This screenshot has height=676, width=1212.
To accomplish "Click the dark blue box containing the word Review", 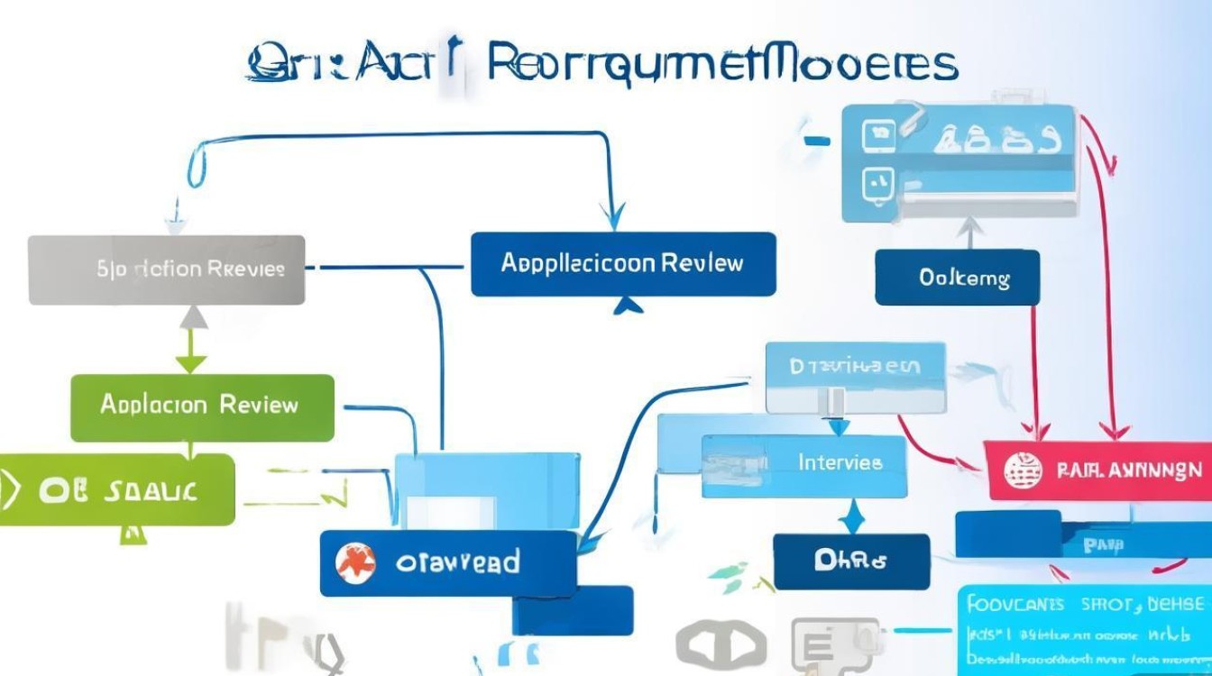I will click(x=623, y=264).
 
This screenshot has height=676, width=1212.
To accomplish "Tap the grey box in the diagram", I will click(x=167, y=269).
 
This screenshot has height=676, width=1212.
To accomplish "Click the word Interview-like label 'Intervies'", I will click(x=840, y=463).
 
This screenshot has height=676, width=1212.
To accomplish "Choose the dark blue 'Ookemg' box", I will click(x=957, y=278).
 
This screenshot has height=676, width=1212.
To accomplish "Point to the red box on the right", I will click(x=1097, y=470).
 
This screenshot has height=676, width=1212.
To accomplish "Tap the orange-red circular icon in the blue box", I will click(x=355, y=563).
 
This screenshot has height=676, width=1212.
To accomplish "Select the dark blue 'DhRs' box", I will click(x=850, y=561).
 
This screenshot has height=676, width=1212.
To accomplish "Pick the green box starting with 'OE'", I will click(x=117, y=489).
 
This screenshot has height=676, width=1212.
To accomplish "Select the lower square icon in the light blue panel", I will click(x=877, y=186).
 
